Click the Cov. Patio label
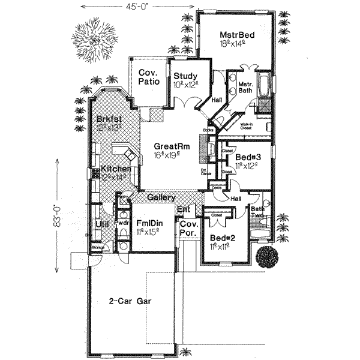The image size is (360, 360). (x=148, y=77)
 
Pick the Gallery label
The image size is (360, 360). (x=161, y=197)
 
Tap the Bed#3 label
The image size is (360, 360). (x=247, y=157)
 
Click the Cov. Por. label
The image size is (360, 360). (x=188, y=227)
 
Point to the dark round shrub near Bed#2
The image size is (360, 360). (x=266, y=256)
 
